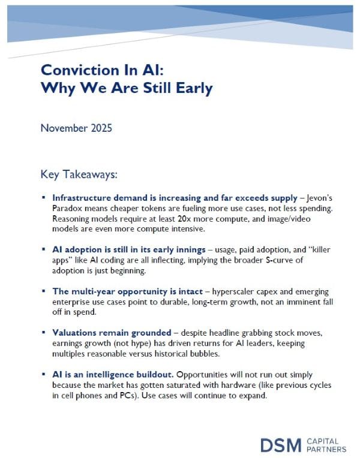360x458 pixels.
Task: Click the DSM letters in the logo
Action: (281, 444)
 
